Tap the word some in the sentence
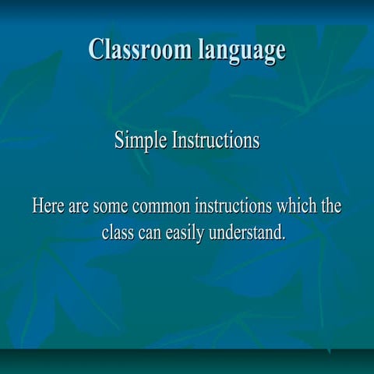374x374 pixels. pyautogui.click(x=111, y=207)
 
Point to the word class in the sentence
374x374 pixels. pyautogui.click(x=118, y=232)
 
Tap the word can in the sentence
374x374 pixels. pyautogui.click(x=151, y=233)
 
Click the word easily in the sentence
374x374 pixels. pyautogui.click(x=187, y=234)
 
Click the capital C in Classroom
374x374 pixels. pyautogui.click(x=96, y=49)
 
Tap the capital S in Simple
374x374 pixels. pyautogui.click(x=119, y=141)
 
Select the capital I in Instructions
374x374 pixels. pyautogui.click(x=175, y=141)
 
